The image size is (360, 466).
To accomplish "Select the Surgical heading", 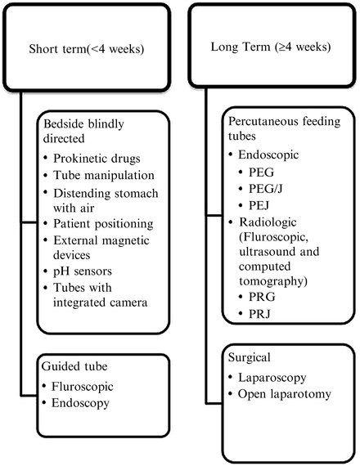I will tap(252, 356).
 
